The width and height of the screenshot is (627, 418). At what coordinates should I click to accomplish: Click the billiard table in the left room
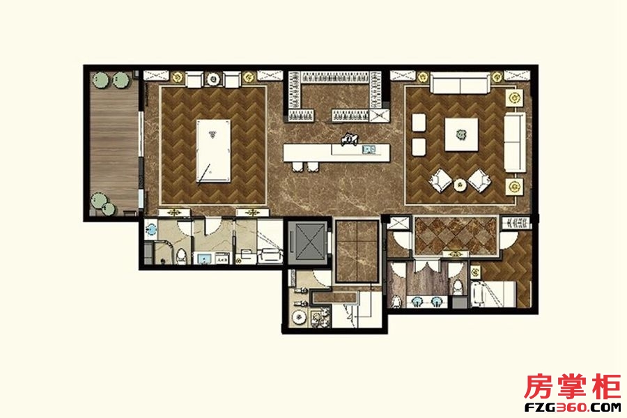click(x=214, y=150)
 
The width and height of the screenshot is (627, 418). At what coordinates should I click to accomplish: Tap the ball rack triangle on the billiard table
click(x=212, y=134)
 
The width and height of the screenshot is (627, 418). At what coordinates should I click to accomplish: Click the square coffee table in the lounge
click(x=461, y=134)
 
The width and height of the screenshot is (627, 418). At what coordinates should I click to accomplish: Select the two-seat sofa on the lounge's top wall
click(x=460, y=83)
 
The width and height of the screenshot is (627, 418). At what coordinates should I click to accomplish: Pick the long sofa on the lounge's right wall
click(x=515, y=142)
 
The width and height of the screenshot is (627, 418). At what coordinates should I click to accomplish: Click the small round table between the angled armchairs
click(x=460, y=185)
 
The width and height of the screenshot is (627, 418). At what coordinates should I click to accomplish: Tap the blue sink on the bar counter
click(x=369, y=150)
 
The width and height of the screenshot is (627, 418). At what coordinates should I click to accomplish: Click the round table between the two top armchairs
click(x=213, y=79)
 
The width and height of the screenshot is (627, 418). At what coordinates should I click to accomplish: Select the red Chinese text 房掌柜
click(x=572, y=387)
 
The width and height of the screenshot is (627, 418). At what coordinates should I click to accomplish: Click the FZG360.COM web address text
click(x=572, y=407)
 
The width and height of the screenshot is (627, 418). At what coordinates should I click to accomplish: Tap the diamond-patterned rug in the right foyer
click(x=456, y=236)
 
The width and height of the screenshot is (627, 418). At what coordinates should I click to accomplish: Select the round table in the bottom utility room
click(x=299, y=318)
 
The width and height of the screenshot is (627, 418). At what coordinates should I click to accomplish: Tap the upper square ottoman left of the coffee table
click(x=419, y=123)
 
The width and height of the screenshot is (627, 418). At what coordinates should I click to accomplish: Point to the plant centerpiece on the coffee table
click(x=461, y=134)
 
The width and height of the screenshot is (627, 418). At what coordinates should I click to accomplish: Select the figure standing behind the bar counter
click(x=349, y=139)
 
